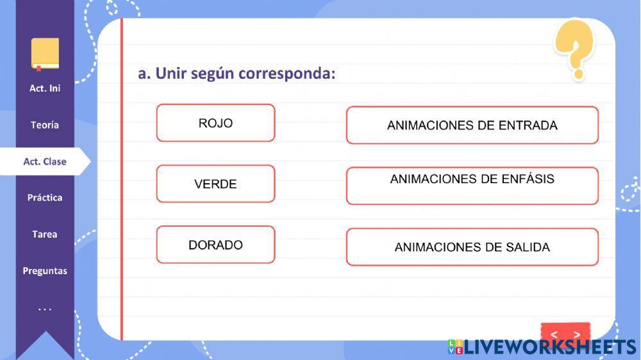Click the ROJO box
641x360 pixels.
click(215, 123)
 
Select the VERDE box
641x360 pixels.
click(215, 184)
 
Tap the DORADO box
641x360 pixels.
click(215, 245)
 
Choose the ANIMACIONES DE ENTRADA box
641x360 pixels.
click(472, 125)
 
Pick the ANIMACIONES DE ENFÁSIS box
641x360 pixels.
click(472, 186)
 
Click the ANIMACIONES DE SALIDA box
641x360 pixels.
click(472, 247)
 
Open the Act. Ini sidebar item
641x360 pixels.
click(45, 88)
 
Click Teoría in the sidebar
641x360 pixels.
click(45, 125)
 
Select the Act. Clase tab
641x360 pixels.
click(45, 161)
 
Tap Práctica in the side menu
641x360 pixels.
click(45, 198)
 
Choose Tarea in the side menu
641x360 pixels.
click(45, 234)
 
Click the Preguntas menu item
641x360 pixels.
click(45, 271)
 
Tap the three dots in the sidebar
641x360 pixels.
click(45, 310)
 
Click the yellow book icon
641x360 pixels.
click(45, 54)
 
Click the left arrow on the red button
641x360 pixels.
click(554, 334)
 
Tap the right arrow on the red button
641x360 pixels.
click(577, 334)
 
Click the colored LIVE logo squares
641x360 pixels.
click(455, 347)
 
